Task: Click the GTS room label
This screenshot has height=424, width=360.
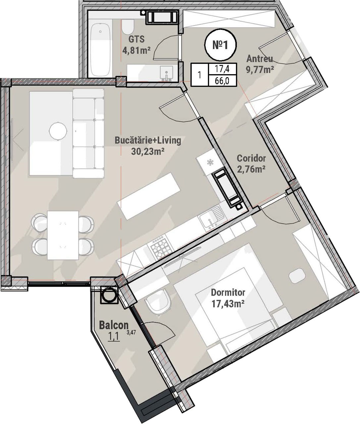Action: coord(136,39)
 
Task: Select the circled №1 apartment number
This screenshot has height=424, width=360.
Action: coord(221,45)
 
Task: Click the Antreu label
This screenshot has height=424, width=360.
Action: coord(260,59)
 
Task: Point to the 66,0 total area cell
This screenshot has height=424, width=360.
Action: coord(222,80)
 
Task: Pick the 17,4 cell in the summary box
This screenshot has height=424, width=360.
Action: coord(222,69)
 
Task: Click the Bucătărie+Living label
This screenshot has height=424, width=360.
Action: coord(148,141)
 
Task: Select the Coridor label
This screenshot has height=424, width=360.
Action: coord(251,158)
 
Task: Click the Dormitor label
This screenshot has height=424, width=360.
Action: coord(228,292)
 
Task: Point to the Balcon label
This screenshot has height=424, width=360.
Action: coord(114,325)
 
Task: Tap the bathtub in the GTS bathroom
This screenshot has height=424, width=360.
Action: coord(100,50)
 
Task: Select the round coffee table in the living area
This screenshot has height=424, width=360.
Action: coord(58,131)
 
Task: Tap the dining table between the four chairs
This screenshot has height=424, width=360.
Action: coord(63,235)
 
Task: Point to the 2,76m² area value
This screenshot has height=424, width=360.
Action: coord(251,170)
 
